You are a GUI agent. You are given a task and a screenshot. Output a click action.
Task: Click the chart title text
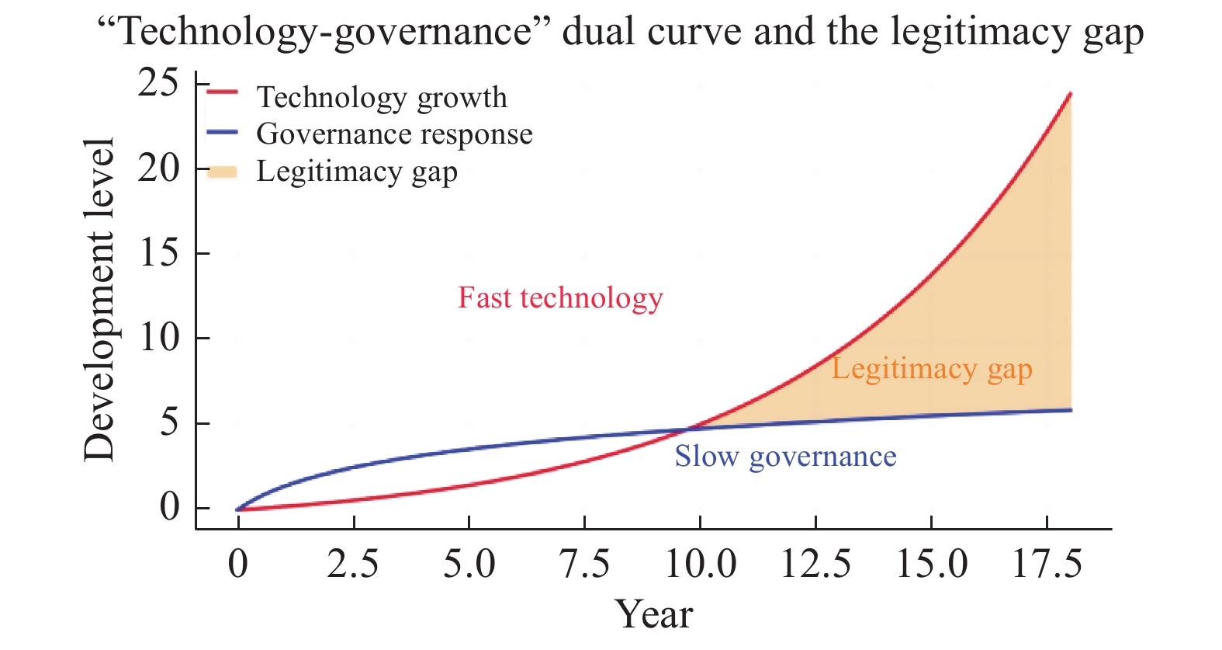click(x=620, y=33)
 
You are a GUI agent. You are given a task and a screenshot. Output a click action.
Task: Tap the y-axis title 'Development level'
click(x=100, y=300)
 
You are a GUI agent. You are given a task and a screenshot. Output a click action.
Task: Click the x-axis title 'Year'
click(x=653, y=614)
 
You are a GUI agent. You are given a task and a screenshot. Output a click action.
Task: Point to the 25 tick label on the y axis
click(x=159, y=83)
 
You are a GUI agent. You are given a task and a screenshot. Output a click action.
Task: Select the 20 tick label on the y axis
click(x=159, y=168)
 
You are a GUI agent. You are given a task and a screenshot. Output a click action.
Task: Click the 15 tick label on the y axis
click(x=159, y=253)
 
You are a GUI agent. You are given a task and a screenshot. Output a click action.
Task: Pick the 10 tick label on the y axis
click(x=159, y=338)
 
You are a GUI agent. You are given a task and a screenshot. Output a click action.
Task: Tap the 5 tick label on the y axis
click(x=169, y=423)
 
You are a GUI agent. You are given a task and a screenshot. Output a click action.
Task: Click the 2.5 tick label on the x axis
click(x=353, y=564)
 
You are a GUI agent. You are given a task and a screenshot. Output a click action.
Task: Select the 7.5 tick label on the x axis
click(x=584, y=564)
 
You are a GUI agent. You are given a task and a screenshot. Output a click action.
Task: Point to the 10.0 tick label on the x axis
click(x=701, y=564)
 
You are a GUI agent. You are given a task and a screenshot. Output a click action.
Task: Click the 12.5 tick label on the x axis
click(x=815, y=564)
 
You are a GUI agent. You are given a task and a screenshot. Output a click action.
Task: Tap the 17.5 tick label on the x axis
click(x=1047, y=564)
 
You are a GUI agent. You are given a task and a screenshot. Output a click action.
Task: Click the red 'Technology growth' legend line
click(x=222, y=92)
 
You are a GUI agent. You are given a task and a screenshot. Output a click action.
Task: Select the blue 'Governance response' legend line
click(x=222, y=132)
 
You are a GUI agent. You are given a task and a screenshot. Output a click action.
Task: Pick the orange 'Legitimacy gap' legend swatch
click(x=222, y=172)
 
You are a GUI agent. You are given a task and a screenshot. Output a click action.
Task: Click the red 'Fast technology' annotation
click(x=560, y=298)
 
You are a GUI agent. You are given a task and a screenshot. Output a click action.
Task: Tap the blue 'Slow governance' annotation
click(x=785, y=457)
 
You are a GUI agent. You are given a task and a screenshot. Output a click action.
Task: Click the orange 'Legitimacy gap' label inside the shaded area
click(x=932, y=370)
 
